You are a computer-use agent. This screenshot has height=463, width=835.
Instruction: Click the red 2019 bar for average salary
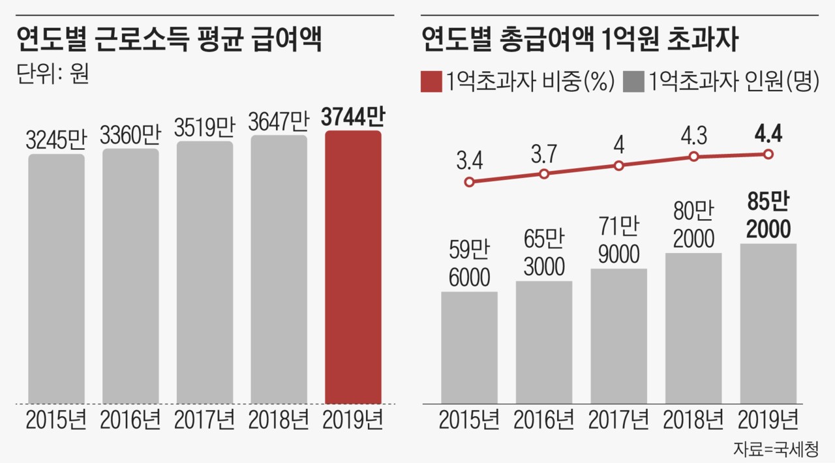(353, 267)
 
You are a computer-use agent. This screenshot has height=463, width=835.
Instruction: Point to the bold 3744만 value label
(353, 118)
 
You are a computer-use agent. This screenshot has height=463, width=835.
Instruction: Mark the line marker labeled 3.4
(469, 183)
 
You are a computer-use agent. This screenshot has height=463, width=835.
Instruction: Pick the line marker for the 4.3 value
(694, 157)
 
